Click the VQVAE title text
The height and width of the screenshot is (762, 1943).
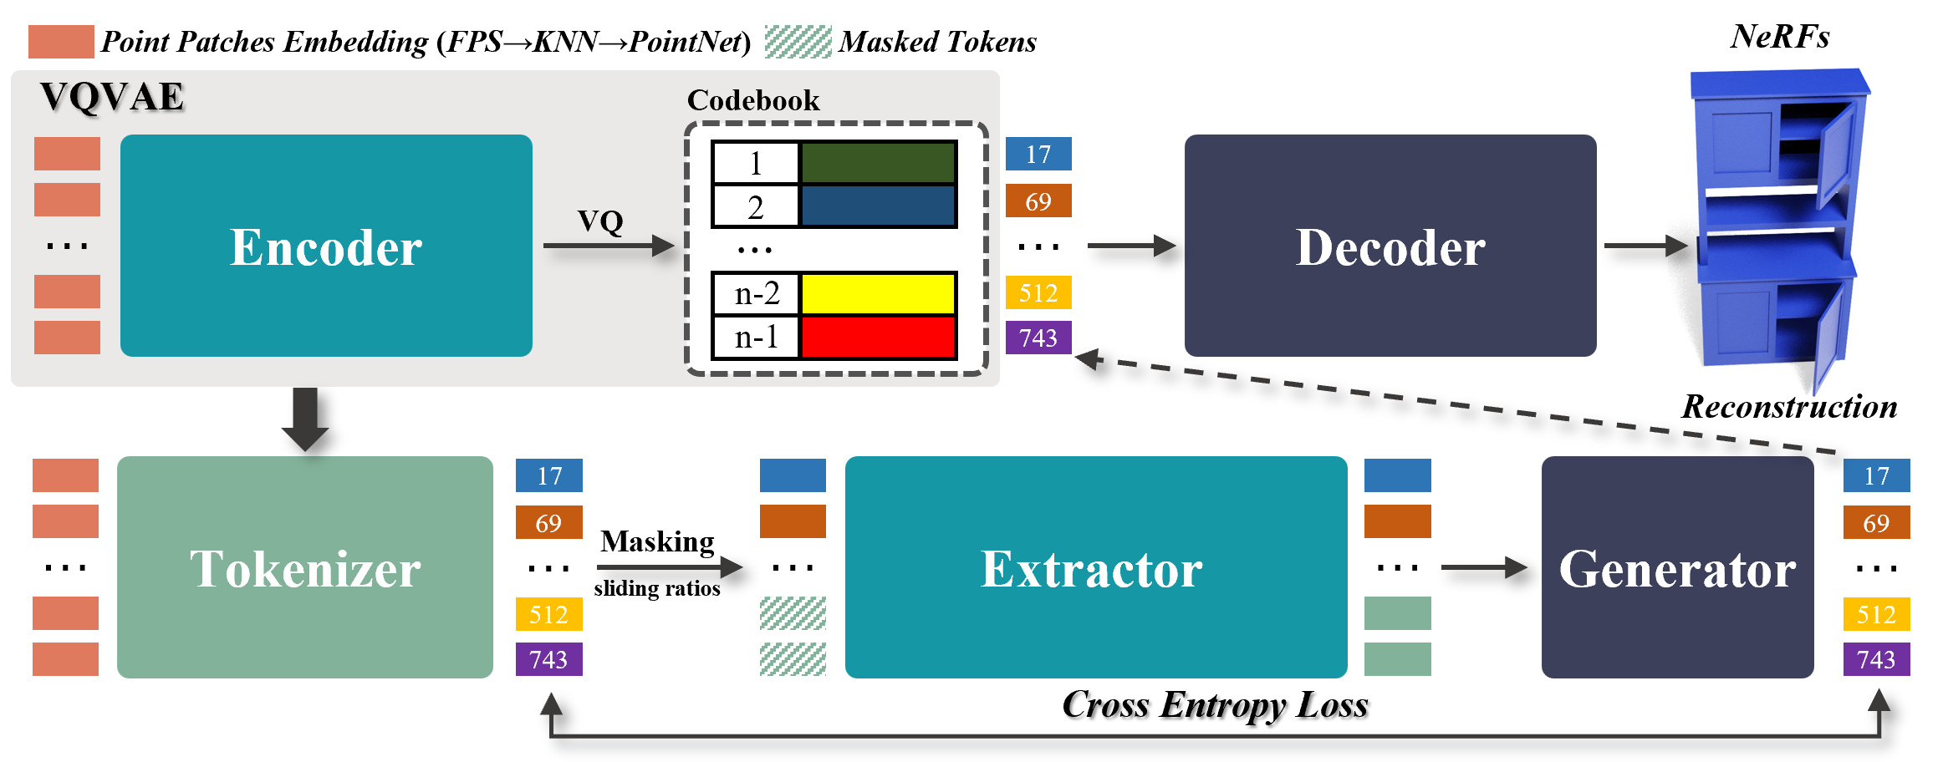pyautogui.click(x=112, y=97)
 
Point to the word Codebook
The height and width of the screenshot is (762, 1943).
pyautogui.click(x=752, y=100)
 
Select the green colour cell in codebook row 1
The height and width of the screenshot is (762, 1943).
pyautogui.click(x=878, y=163)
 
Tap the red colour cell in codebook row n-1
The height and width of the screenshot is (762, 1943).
pyautogui.click(x=878, y=338)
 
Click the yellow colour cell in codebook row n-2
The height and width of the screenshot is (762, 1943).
pyautogui.click(x=878, y=294)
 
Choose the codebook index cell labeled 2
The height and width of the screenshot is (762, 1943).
pyautogui.click(x=755, y=207)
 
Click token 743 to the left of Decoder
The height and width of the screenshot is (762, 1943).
pyautogui.click(x=1038, y=338)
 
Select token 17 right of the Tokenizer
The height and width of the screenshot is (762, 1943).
pyautogui.click(x=548, y=476)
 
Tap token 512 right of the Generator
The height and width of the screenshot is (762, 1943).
pyautogui.click(x=1876, y=615)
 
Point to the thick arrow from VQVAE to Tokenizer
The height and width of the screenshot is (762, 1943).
pyautogui.click(x=305, y=418)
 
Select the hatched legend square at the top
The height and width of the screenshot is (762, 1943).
pyautogui.click(x=798, y=42)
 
